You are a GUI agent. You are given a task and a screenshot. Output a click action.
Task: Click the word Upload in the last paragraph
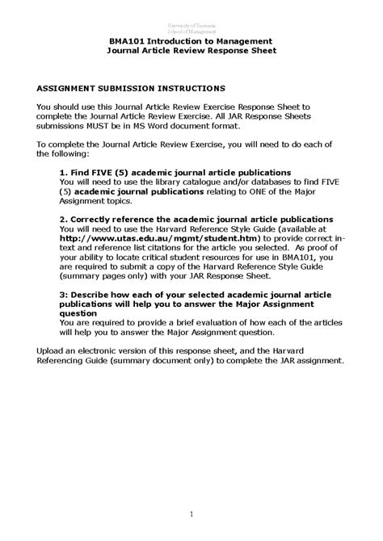[53, 350]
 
